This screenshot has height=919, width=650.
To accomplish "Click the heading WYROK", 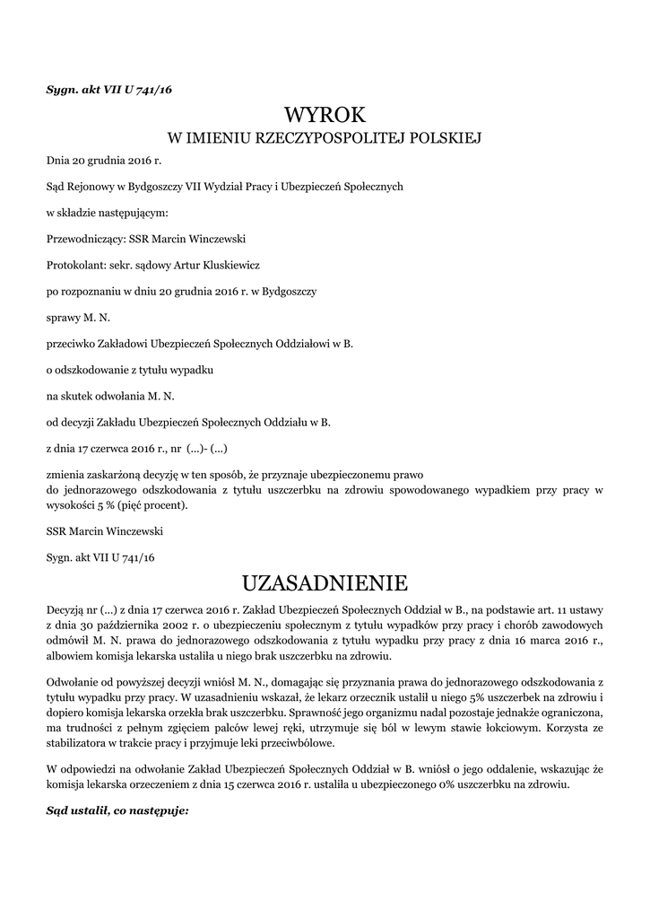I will [x=325, y=115].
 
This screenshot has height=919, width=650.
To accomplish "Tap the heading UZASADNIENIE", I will [x=325, y=583].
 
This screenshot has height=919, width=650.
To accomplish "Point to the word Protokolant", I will [x=74, y=265].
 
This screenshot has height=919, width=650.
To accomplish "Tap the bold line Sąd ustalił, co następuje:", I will [x=117, y=810].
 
